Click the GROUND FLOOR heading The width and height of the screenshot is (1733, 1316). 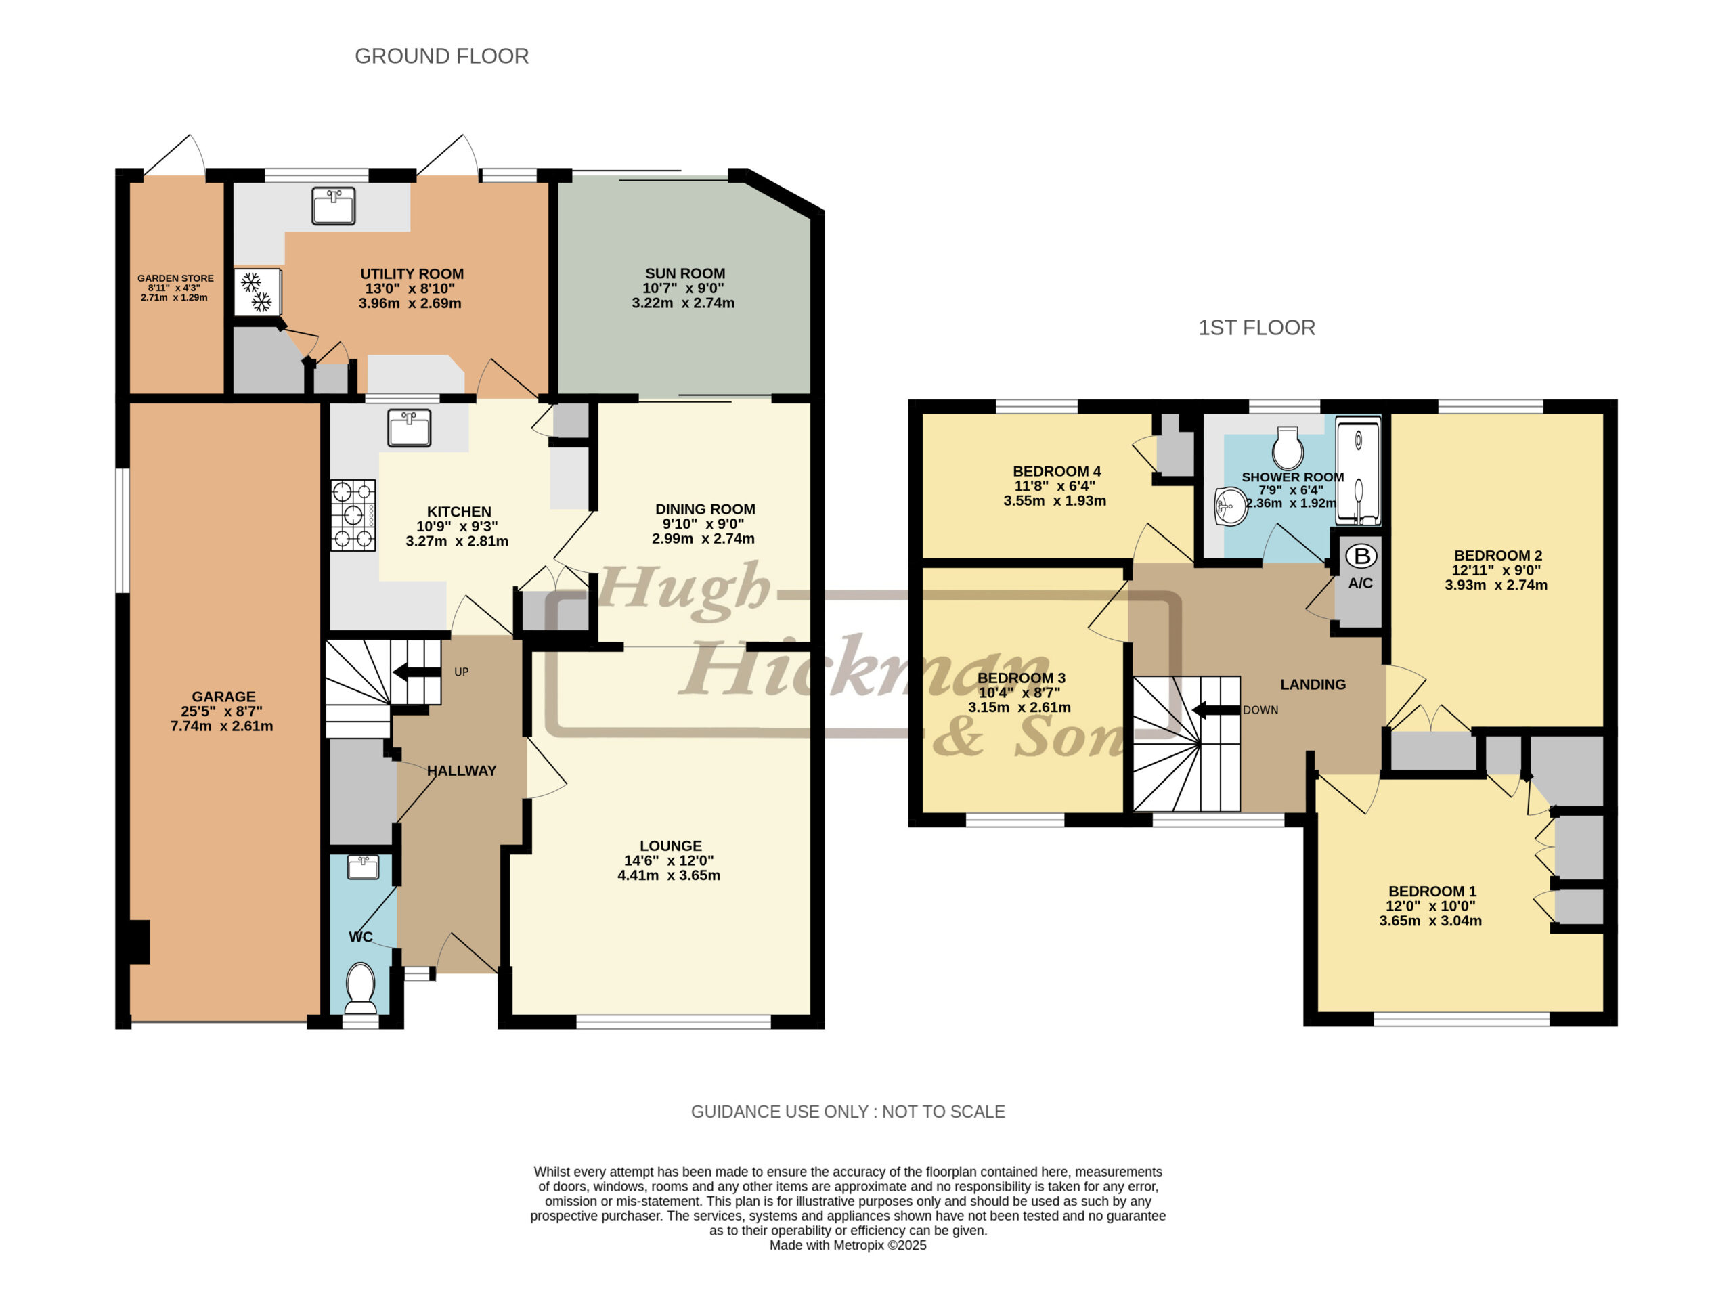pos(442,56)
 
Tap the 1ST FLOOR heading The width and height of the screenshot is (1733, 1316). pos(1256,328)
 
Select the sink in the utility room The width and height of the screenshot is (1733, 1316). pos(333,206)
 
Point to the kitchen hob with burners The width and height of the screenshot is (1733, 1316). pos(353,515)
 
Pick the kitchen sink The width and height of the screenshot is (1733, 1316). pos(409,429)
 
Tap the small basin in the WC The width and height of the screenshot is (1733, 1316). pos(362,867)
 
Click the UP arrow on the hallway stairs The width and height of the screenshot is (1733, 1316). pos(417,672)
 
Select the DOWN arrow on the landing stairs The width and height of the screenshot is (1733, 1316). pos(1216,709)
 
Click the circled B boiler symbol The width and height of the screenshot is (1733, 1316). pos(1361,556)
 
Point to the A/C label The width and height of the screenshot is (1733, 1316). pos(1361,584)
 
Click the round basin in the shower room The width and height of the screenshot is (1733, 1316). pos(1231,506)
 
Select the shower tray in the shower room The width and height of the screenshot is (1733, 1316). pos(1358,473)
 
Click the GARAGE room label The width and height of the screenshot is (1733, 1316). pos(223,697)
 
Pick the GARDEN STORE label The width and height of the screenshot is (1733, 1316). pos(175,278)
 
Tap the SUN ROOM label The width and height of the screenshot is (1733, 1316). pos(685,273)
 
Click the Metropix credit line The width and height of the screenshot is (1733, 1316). pos(848,1246)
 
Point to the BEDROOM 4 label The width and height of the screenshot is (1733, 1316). pos(1057,472)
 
